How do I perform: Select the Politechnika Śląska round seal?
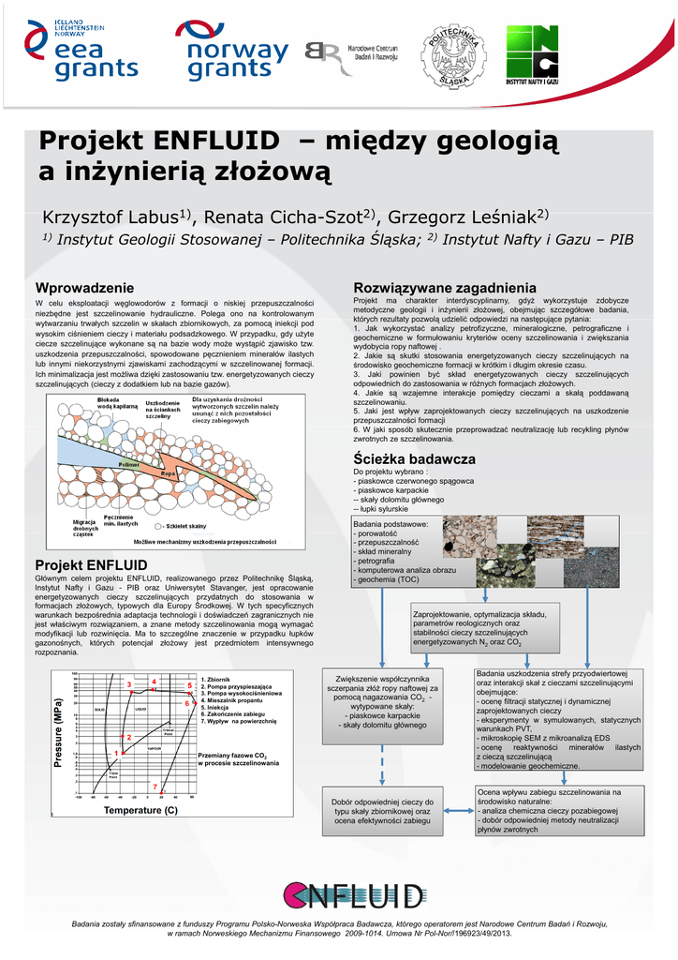pos(454,54)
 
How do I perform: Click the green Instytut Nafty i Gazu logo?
pos(538,55)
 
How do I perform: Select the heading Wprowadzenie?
pos(84,287)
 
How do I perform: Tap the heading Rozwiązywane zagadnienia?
pos(444,286)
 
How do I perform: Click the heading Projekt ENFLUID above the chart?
pos(91,564)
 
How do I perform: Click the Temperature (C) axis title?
pos(140,809)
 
